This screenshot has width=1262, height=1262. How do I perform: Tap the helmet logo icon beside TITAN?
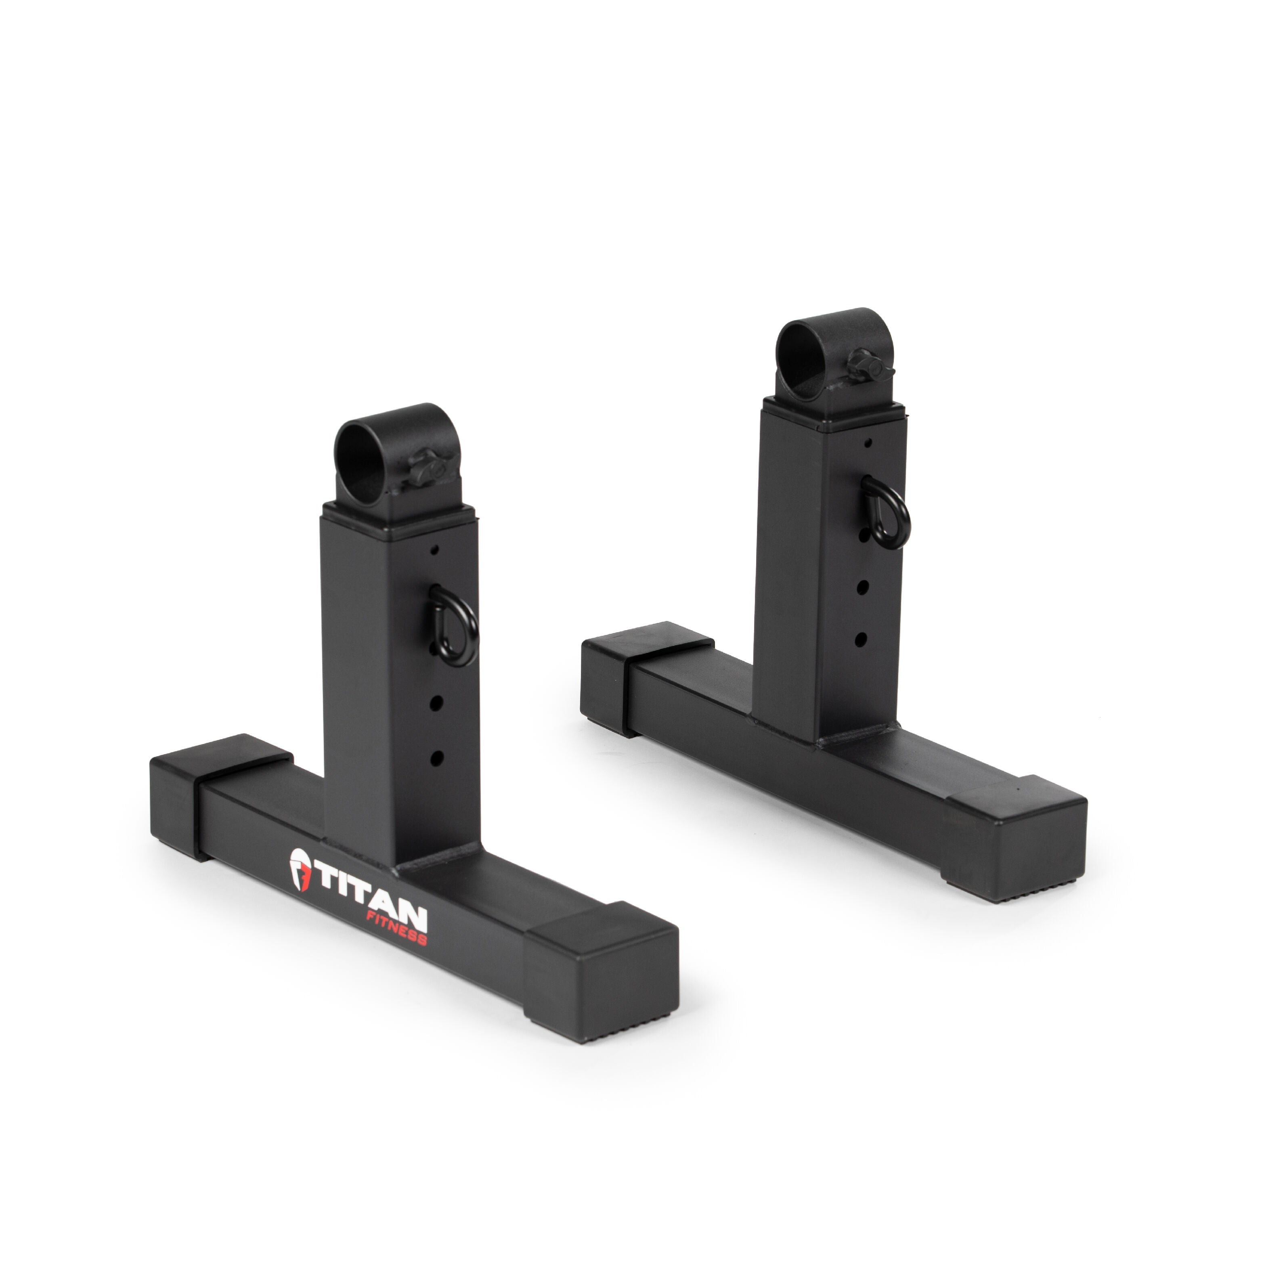coord(300,871)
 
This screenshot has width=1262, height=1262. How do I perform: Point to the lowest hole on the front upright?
coord(437,758)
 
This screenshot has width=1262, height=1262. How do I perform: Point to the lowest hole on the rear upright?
coord(861,638)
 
